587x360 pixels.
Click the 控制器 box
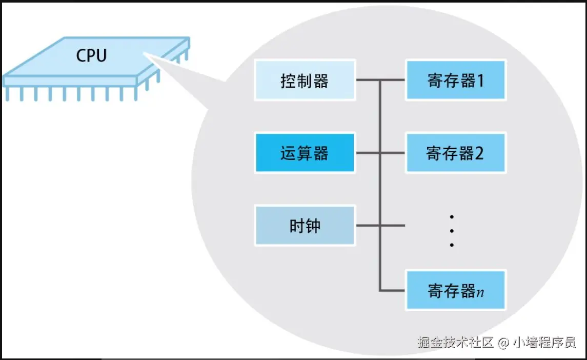[305, 80]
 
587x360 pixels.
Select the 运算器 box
[305, 153]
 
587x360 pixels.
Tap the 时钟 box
[305, 226]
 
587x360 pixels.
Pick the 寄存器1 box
[455, 80]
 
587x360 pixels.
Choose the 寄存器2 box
[455, 153]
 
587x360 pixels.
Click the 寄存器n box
[455, 290]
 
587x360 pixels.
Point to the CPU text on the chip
[91, 55]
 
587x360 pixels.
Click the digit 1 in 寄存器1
[479, 81]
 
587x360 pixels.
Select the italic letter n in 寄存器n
[480, 292]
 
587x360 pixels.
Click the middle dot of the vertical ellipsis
[452, 231]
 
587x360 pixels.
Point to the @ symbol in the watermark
[503, 342]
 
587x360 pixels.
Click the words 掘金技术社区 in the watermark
[455, 342]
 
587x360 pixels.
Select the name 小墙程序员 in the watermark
[544, 342]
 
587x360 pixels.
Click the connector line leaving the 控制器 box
[368, 80]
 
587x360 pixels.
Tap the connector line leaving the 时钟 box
[368, 226]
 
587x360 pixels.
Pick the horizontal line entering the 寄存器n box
[393, 291]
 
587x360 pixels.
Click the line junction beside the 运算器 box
[380, 153]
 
